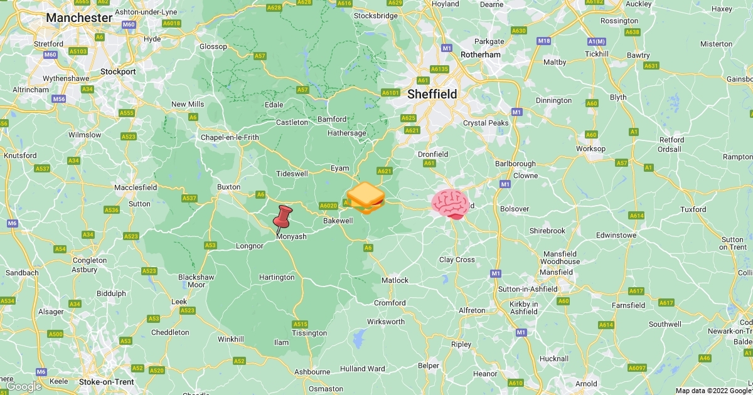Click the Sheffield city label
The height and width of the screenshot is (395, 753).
[432, 94]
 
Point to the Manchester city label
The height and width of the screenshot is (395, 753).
[79, 18]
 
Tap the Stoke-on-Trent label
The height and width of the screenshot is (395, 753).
[107, 382]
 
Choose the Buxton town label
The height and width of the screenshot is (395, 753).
[228, 187]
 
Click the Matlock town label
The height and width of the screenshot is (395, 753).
[395, 280]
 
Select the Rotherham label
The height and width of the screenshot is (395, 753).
[481, 55]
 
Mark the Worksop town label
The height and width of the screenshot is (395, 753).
[591, 149]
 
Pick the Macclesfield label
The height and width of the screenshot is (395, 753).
[136, 187]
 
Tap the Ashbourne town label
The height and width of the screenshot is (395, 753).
[312, 372]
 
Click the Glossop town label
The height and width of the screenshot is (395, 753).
[213, 46]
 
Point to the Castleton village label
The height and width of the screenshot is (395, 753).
[292, 122]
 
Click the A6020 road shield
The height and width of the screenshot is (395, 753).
[328, 206]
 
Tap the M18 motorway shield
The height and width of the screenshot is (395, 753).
[544, 41]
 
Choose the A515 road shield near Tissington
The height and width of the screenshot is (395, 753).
[300, 324]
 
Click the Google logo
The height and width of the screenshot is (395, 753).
[24, 387]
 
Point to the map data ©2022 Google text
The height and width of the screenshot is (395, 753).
[713, 391]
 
